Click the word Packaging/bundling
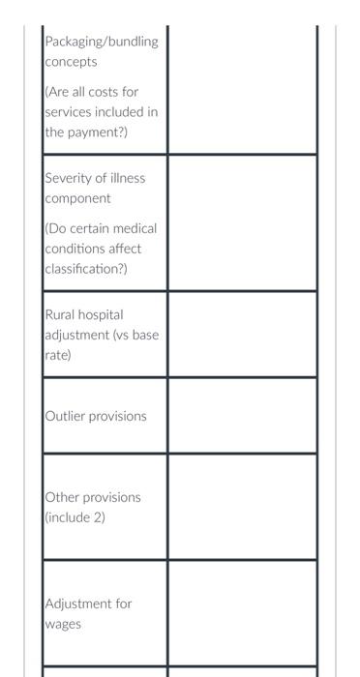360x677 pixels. [x=102, y=42]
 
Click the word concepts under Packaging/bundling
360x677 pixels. [x=72, y=62]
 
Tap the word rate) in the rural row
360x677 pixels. [x=59, y=355]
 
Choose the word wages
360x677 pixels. [x=64, y=624]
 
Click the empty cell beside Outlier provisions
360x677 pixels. [x=242, y=416]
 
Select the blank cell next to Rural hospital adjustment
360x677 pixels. [x=242, y=335]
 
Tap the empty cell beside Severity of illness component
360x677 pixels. [x=242, y=222]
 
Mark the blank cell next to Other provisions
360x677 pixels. [x=242, y=507]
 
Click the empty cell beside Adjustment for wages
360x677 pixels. [x=242, y=613]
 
